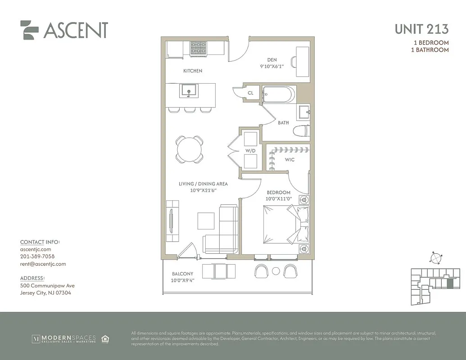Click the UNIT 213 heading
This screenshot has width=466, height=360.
click(421, 29)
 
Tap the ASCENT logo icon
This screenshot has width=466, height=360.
click(29, 30)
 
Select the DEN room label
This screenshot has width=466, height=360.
click(271, 60)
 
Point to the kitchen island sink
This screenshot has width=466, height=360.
click(188, 90)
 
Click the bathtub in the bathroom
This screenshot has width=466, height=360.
click(278, 94)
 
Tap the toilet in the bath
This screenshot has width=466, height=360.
click(301, 131)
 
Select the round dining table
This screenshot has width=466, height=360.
click(189, 149)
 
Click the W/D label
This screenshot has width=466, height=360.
click(250, 151)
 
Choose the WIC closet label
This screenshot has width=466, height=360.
click(290, 160)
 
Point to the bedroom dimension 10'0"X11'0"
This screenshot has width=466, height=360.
click(279, 198)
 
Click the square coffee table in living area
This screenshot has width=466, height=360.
click(206, 220)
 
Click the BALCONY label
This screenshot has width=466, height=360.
click(182, 274)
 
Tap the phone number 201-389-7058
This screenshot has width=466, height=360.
click(37, 256)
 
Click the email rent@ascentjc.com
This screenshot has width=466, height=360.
click(43, 264)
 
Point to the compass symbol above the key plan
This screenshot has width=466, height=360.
click(435, 258)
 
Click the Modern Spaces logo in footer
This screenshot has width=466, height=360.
click(63, 338)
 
